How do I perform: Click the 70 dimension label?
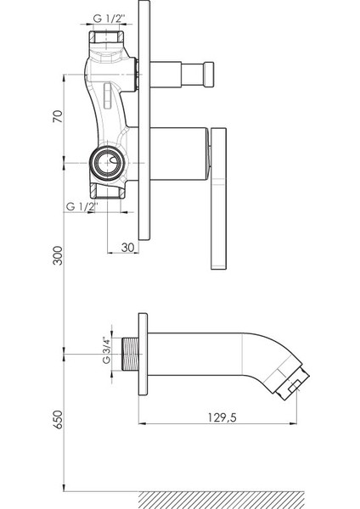point(57,116)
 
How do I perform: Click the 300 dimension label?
point(58,255)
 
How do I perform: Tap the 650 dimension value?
point(58,419)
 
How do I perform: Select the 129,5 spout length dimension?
point(222,417)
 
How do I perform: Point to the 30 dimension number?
point(127,248)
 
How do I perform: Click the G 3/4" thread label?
point(106,350)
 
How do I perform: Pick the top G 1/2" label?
point(110,18)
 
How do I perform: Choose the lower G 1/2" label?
point(82,206)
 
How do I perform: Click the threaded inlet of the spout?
point(130,354)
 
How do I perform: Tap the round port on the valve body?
point(107,162)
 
